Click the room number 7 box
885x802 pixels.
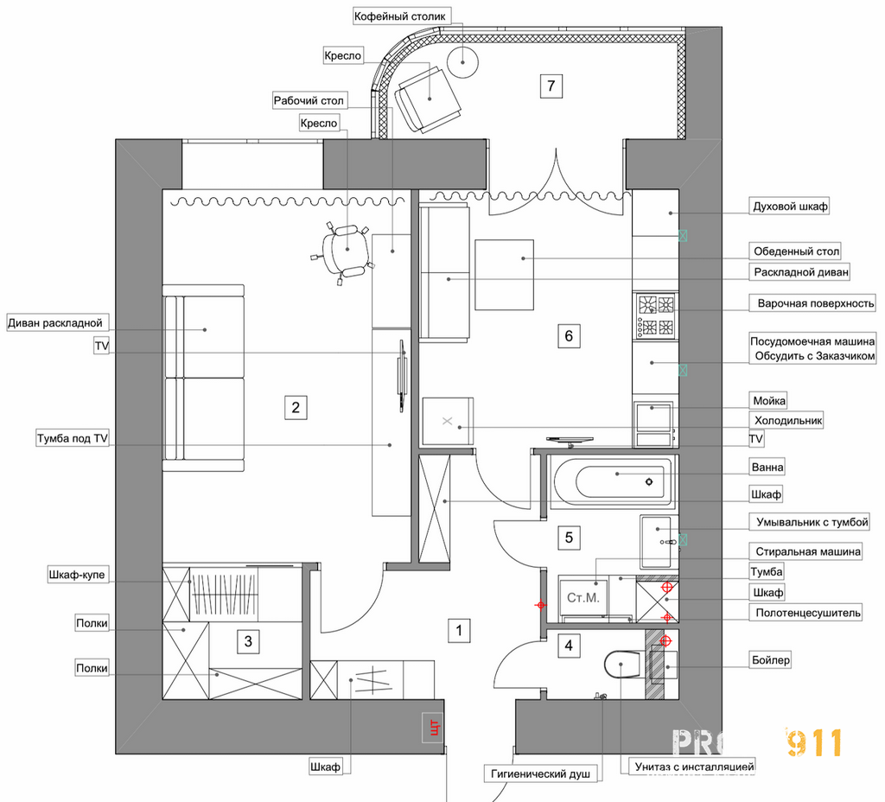[551, 86]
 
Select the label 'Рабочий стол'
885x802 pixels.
[309, 100]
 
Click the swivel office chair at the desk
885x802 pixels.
[342, 251]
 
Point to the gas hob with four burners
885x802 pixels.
[655, 315]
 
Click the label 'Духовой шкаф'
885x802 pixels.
[790, 206]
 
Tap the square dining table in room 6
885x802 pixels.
[504, 274]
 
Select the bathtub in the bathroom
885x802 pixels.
[612, 481]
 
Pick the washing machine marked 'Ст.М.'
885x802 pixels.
[583, 598]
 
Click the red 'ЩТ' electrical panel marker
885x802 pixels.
[433, 726]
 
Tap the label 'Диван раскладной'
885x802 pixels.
[55, 323]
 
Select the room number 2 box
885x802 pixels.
[296, 407]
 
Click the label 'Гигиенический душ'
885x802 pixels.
[541, 773]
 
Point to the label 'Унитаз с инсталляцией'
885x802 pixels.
[694, 767]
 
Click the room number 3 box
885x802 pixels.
[248, 641]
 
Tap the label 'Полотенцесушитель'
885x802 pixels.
[808, 613]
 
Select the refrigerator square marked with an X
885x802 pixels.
[448, 421]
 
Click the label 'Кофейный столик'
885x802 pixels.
[399, 16]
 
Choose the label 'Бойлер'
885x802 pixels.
[771, 659]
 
